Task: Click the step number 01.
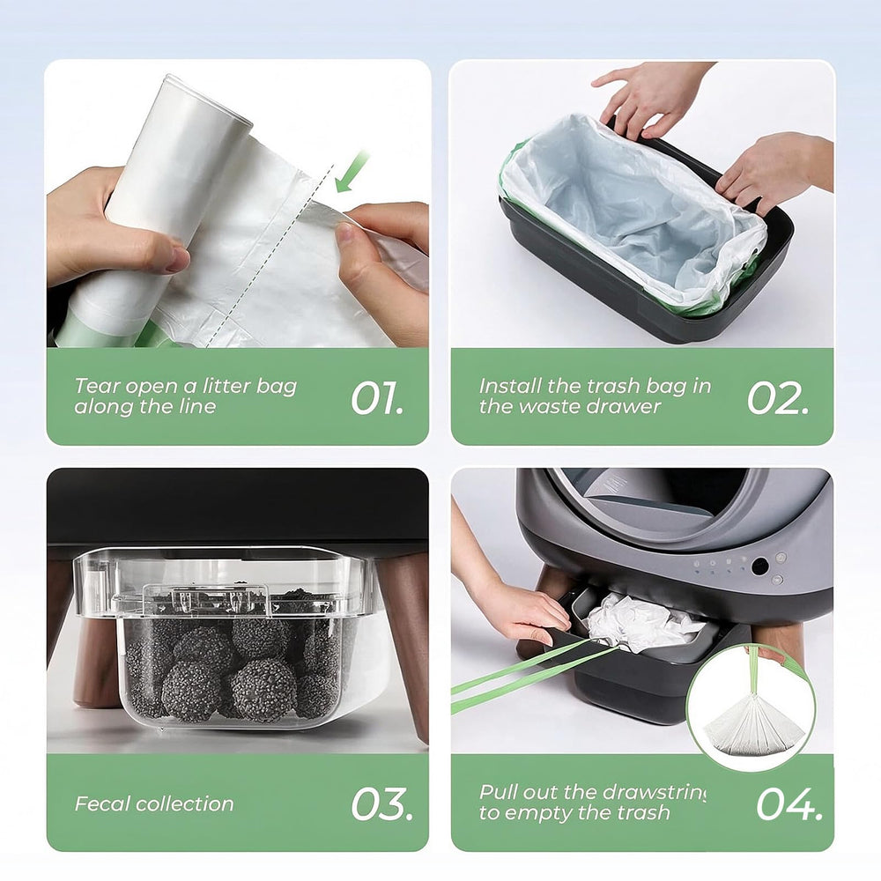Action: click(377, 398)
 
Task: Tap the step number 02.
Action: click(778, 398)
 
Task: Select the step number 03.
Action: click(382, 803)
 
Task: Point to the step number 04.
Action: click(789, 803)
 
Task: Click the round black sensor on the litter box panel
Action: click(759, 566)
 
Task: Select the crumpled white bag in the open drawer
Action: click(640, 622)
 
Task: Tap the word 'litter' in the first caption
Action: click(226, 386)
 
